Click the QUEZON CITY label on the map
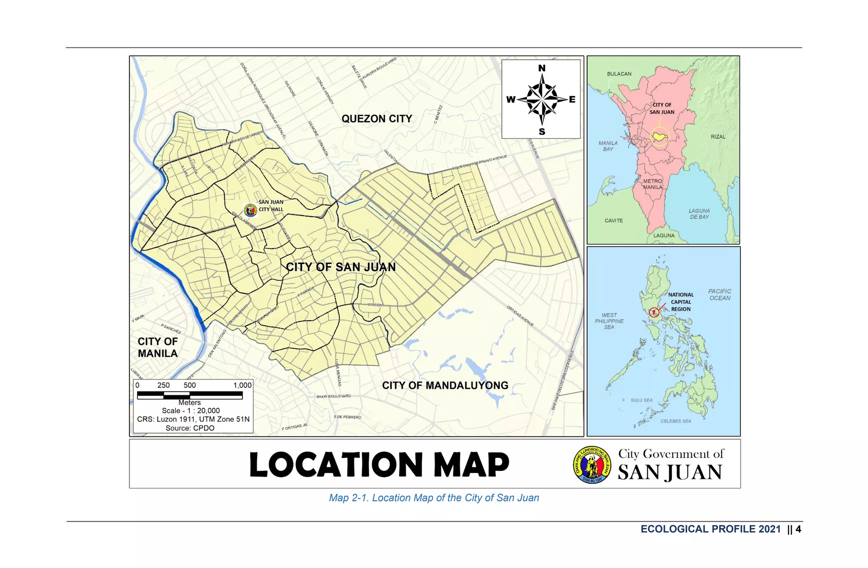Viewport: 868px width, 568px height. [x=376, y=119]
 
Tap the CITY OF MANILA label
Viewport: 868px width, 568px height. [x=158, y=347]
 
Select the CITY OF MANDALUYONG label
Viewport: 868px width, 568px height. [x=445, y=386]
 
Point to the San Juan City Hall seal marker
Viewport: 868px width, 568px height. [x=250, y=210]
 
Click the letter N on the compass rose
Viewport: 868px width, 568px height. [x=542, y=68]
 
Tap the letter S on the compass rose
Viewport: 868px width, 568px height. [x=542, y=132]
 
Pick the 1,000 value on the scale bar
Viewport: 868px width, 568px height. [x=242, y=385]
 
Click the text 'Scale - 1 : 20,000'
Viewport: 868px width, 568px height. [x=191, y=411]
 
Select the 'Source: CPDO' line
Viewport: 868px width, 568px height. [x=190, y=428]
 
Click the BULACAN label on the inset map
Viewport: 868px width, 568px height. [x=619, y=74]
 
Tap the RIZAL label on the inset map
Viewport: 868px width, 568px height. [x=718, y=137]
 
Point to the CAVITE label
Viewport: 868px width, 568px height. [x=614, y=221]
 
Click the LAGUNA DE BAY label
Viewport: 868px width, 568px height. [x=699, y=214]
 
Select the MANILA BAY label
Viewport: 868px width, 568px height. [x=608, y=146]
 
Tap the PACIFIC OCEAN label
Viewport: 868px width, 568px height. [x=720, y=294]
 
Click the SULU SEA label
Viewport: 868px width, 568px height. [x=641, y=400]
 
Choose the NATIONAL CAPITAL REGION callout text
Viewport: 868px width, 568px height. [x=681, y=302]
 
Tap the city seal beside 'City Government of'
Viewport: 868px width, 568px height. [x=592, y=465]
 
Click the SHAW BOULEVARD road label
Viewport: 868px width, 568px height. [x=333, y=396]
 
